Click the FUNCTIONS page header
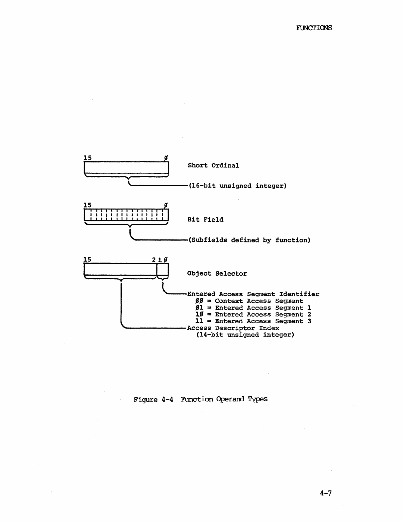[314, 28]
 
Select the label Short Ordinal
[213, 165]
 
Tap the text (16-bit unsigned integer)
[237, 186]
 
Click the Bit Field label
[205, 219]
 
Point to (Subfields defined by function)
[249, 240]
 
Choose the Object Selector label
[217, 273]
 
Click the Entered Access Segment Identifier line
[253, 294]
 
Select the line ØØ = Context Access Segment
[249, 301]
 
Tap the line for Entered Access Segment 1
[253, 308]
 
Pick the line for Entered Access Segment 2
[253, 314]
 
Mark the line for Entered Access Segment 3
[253, 321]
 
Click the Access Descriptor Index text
[233, 328]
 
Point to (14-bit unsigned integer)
[245, 335]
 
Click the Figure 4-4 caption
[201, 399]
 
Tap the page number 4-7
[325, 493]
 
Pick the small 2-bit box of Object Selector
[162, 269]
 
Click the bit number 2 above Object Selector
[154, 260]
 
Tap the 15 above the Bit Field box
[87, 205]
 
